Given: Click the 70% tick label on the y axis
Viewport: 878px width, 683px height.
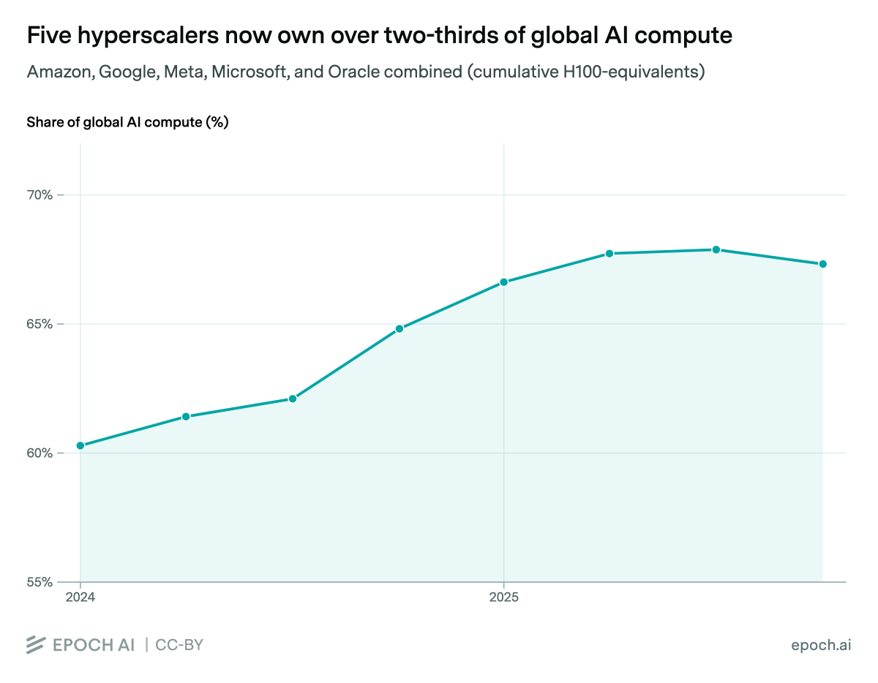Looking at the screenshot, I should (x=40, y=195).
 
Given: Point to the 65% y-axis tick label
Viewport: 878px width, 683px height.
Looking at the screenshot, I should (x=40, y=324).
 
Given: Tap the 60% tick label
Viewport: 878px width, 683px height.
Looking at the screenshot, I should (x=40, y=453).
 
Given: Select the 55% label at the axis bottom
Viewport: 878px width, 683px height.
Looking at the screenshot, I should (x=40, y=582).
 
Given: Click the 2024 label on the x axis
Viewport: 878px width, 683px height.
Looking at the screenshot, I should (x=80, y=597).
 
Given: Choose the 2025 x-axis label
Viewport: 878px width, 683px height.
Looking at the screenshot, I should (x=503, y=597).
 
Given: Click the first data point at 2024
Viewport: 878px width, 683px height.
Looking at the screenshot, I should (x=80, y=445).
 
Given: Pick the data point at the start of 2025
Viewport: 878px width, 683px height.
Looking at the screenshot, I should (x=503, y=282).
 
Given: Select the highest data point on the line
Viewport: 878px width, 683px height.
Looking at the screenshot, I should (x=716, y=249).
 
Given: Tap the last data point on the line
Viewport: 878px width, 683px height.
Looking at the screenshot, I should (x=822, y=264).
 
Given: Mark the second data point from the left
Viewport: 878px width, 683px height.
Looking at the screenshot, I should (x=186, y=417).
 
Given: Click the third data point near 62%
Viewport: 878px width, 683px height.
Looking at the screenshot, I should (x=293, y=399).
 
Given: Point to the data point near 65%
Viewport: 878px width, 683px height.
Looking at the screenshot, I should (x=399, y=329).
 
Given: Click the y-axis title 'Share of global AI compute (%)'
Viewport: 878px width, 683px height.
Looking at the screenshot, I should (x=127, y=122).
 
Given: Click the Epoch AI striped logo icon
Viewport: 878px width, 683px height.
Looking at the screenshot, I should (x=37, y=644).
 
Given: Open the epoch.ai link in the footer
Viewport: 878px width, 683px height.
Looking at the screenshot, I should (x=821, y=645).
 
